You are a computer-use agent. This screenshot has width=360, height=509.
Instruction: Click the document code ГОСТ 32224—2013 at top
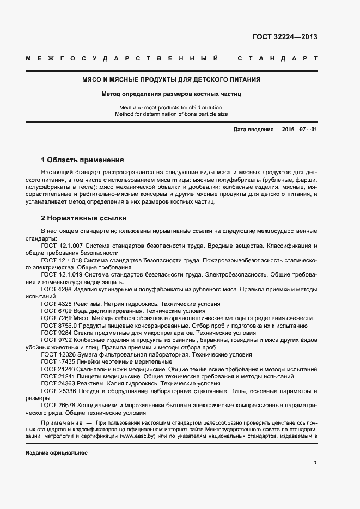285,37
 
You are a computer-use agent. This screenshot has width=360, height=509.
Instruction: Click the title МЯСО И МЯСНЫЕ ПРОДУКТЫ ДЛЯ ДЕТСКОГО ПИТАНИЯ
171,79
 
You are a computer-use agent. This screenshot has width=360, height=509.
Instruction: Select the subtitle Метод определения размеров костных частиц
171,94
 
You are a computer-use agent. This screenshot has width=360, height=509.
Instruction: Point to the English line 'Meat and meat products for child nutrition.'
171,108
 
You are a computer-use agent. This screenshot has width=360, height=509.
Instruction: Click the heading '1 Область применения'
83,160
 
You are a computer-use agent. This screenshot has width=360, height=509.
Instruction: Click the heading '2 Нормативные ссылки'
84,218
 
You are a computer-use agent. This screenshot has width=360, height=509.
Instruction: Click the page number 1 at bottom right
315,462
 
